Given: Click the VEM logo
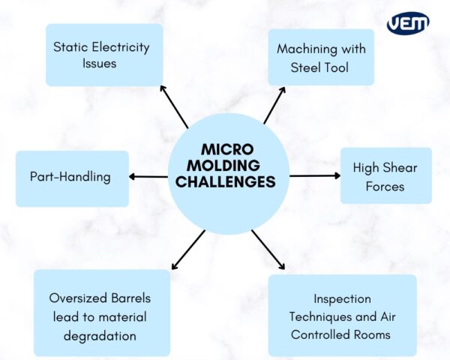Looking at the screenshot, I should pyautogui.click(x=408, y=22).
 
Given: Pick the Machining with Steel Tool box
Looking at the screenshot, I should pyautogui.click(x=320, y=57).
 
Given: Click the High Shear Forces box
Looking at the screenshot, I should pyautogui.click(x=385, y=175).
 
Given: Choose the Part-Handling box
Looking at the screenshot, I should pyautogui.click(x=71, y=178).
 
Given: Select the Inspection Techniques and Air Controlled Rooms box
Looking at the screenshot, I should pyautogui.click(x=341, y=316).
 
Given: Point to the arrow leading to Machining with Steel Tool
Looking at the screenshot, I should pyautogui.click(x=274, y=105).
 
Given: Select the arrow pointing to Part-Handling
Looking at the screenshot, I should pyautogui.click(x=148, y=177).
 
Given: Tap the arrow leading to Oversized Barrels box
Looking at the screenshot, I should pyautogui.click(x=187, y=250).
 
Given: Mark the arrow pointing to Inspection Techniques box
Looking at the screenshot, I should pyautogui.click(x=268, y=250).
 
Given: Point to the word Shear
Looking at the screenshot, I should pyautogui.click(x=400, y=168).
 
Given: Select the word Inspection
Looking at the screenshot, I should pyautogui.click(x=341, y=298).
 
